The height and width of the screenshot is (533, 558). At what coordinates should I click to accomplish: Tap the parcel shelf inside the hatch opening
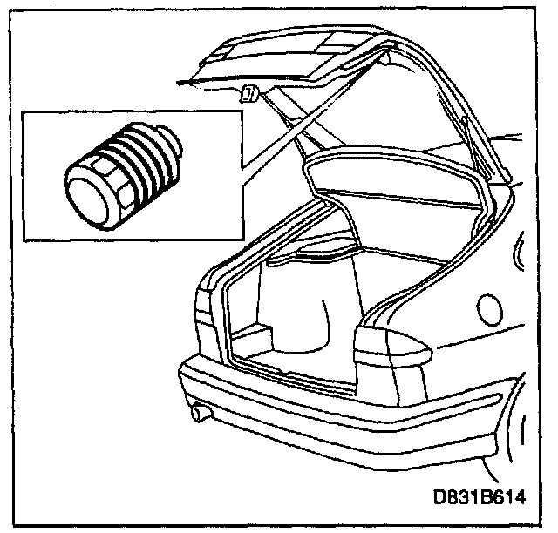[392, 179]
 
